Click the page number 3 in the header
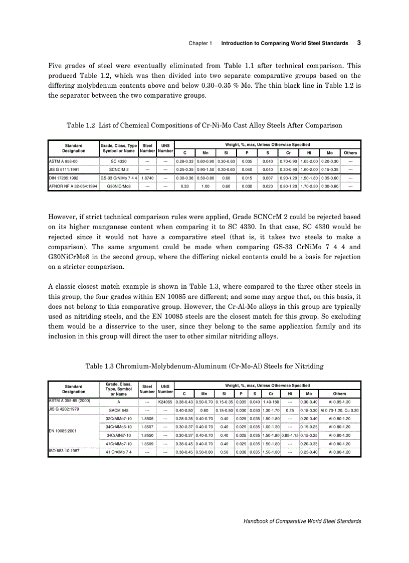(359, 43)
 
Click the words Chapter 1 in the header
(200, 44)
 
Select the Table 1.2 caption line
(204, 125)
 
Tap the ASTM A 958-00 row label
(63, 161)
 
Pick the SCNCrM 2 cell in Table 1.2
(119, 169)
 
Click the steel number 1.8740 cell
(147, 177)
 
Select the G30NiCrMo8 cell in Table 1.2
(119, 185)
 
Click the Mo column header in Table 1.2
(329, 152)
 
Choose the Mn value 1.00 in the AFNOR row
(205, 185)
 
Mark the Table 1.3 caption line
(204, 366)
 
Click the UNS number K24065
(165, 402)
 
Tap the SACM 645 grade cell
(119, 410)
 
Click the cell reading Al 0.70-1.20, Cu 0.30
(339, 410)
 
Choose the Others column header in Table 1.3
(339, 394)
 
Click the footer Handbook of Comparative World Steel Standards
(302, 521)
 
